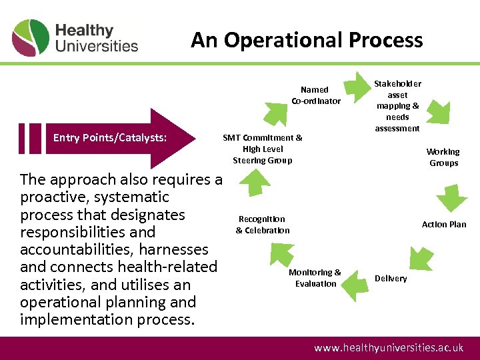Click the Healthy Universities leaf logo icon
coord(31,38)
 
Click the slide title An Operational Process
coord(307,40)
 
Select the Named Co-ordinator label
coord(315,95)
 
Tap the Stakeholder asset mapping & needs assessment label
coord(397,106)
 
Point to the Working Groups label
coord(443,157)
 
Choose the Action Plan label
coord(444,225)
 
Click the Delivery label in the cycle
coord(391,278)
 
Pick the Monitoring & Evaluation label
coord(315,278)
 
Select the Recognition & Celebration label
coord(262,225)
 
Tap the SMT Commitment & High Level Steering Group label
coord(262,149)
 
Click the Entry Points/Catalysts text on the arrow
coord(110,138)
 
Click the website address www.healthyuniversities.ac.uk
coord(389,348)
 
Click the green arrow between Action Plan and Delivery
coord(422,255)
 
